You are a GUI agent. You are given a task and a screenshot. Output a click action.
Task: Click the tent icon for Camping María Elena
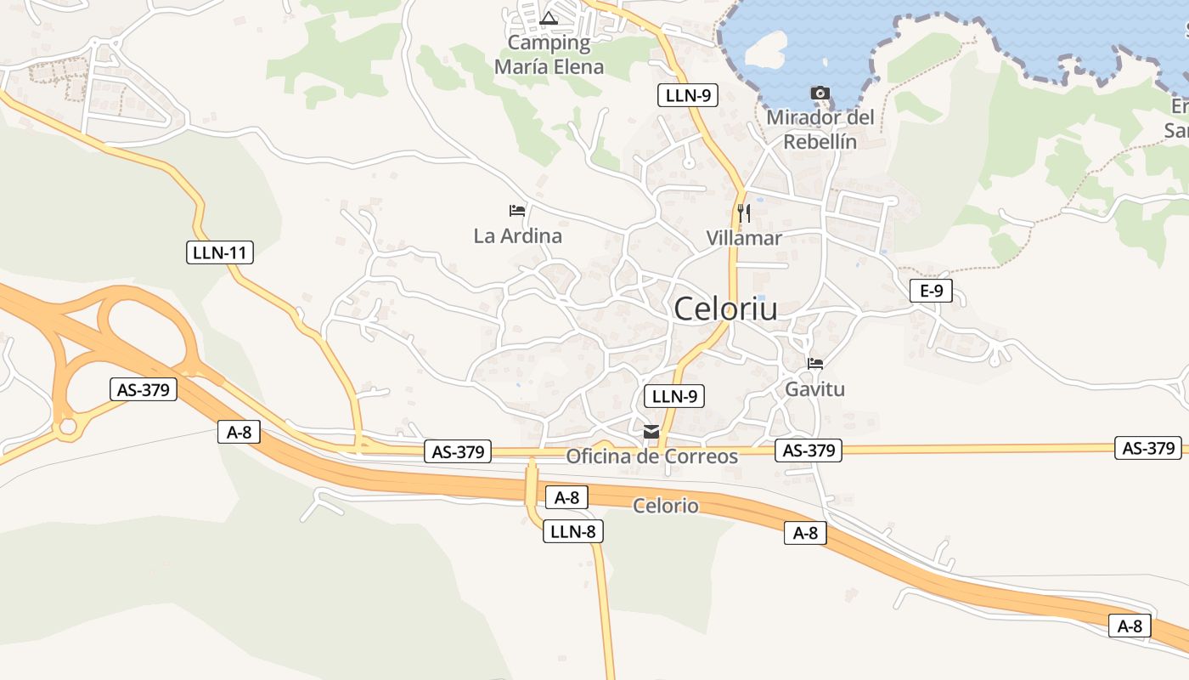pos(549,18)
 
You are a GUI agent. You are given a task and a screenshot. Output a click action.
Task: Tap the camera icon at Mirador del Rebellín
pos(820,93)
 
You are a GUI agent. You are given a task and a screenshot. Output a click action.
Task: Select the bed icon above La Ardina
pos(517,210)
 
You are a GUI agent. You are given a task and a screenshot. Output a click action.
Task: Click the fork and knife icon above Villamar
pos(744,212)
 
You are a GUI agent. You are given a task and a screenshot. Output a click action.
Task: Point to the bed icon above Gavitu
pos(815,364)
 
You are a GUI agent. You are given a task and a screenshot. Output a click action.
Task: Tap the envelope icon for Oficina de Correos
pos(651,432)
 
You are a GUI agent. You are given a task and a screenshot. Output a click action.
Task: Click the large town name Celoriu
pos(725,309)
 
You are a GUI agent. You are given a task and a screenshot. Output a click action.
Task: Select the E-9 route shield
pos(931,291)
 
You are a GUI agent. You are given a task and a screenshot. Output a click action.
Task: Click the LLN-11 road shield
pos(220,252)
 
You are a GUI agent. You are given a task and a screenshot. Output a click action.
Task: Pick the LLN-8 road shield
pos(573,532)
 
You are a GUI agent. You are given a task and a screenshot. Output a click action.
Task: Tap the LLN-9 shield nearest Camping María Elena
pos(688,95)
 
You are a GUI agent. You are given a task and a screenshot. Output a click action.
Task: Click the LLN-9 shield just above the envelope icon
pos(674,395)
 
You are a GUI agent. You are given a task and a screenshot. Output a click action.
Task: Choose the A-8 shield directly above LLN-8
pos(566,497)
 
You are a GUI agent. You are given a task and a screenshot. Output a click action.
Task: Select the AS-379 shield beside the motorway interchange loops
pos(144,389)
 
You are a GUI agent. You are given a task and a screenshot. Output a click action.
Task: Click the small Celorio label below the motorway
pos(666,507)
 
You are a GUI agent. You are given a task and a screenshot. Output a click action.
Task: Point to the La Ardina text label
pos(517,236)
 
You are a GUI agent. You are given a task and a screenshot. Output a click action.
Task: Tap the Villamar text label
pos(744,238)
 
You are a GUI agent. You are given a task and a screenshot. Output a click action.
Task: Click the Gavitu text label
pos(815,389)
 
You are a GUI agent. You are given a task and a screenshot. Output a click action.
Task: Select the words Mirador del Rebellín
pos(820,129)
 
